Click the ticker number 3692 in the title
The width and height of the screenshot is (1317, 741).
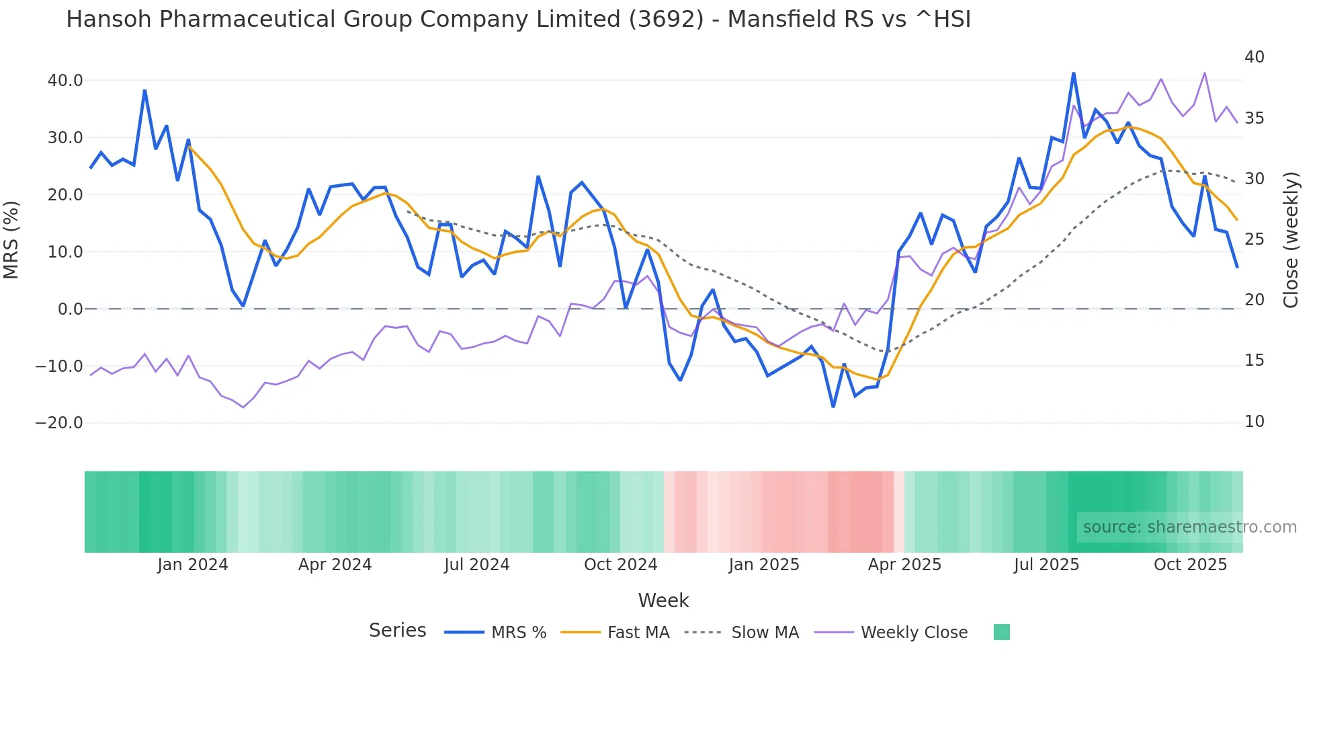coord(666,19)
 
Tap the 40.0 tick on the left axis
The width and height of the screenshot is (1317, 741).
coord(65,81)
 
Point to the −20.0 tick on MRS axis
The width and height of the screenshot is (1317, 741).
coord(59,423)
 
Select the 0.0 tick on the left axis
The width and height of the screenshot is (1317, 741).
coord(70,309)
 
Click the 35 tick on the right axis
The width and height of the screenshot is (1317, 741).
coord(1254,118)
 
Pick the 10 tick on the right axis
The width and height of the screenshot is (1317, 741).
coord(1254,422)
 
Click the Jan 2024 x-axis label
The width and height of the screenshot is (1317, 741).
coord(193,565)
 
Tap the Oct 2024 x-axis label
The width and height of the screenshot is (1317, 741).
coord(620,565)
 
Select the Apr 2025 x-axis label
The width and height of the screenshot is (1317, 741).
coord(904,565)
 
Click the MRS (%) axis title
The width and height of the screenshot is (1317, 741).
coord(11,240)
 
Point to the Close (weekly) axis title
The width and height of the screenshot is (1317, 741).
coord(1291,240)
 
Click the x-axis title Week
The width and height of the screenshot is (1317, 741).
coord(663,600)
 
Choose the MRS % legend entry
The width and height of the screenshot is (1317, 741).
coord(518,633)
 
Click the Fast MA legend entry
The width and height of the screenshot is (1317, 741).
coord(638,633)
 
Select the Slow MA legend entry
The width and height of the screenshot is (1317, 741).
coord(765,633)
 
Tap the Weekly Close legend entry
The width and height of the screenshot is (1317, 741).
coord(914,633)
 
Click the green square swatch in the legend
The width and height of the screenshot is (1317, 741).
coord(1001,632)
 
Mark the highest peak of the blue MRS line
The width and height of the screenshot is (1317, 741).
coord(1073,73)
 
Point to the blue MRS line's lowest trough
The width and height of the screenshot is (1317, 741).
coord(833,406)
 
